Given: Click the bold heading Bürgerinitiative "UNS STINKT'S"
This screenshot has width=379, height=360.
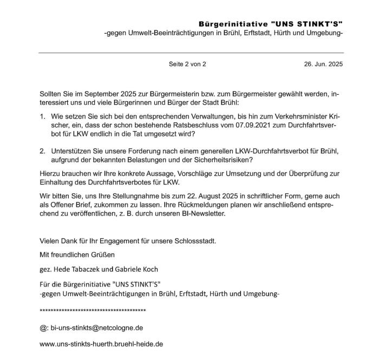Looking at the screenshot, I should (271, 24).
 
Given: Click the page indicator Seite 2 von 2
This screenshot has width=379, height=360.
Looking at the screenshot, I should (187, 64).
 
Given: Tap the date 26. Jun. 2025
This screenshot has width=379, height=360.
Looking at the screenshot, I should (323, 64).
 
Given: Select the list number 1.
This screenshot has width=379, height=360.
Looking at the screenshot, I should (43, 116).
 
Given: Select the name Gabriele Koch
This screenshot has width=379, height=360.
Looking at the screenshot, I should (135, 269).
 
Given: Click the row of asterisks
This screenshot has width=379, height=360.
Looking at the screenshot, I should (93, 311).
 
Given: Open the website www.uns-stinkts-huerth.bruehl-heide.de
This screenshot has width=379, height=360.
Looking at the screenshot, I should (101, 344).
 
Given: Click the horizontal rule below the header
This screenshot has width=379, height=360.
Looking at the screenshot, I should (191, 53).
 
